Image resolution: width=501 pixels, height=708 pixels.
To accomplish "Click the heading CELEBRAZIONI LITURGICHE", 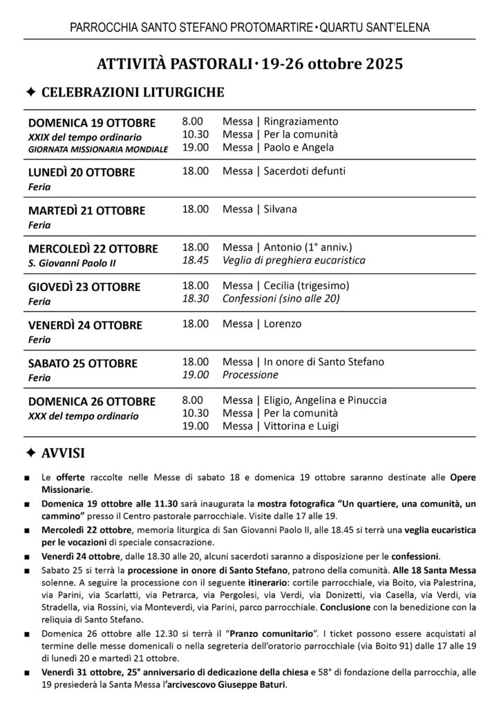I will [x=133, y=92].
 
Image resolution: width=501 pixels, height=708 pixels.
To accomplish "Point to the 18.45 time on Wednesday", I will [x=194, y=261].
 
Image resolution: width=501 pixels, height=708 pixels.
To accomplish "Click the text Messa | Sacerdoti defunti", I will [x=284, y=171].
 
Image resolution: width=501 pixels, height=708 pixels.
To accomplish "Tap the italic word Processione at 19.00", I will [x=250, y=375].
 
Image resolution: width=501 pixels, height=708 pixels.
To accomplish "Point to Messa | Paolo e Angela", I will [x=278, y=147].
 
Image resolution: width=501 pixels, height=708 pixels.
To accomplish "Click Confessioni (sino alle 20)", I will [x=281, y=299].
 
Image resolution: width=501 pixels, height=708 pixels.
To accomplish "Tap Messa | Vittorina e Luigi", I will [x=281, y=426].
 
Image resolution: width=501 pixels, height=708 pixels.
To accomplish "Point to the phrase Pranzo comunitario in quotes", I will [x=248, y=632].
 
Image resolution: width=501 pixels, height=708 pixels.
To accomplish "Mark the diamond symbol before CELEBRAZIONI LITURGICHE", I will [x=30, y=92].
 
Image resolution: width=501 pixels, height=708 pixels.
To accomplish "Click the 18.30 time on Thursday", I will [x=194, y=299].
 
